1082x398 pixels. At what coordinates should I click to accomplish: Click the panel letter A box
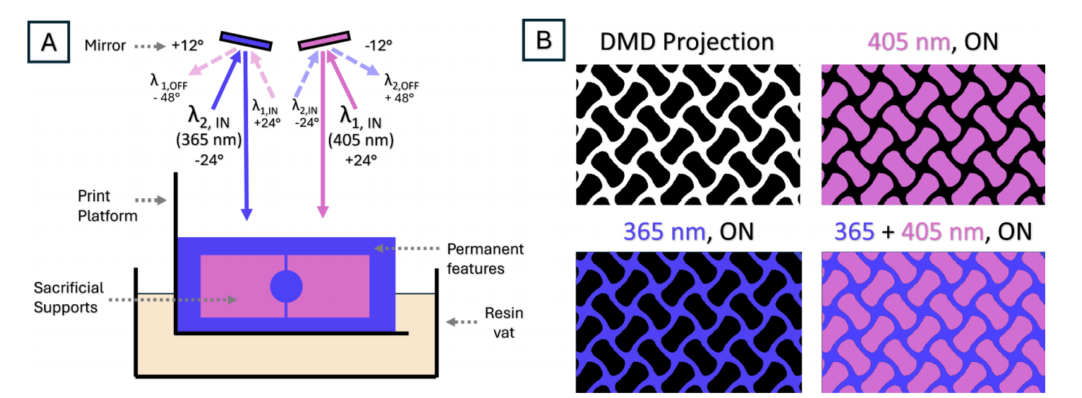(48, 42)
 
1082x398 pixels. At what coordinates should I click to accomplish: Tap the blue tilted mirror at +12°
(245, 41)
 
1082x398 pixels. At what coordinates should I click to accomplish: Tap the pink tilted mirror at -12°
(324, 41)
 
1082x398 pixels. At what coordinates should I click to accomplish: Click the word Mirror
(105, 45)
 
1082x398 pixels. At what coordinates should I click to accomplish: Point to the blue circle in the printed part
(286, 287)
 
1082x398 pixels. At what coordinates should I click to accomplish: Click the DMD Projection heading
(687, 42)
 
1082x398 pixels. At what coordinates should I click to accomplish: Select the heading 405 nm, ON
(933, 42)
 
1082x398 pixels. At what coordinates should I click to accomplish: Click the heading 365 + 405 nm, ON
(933, 231)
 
